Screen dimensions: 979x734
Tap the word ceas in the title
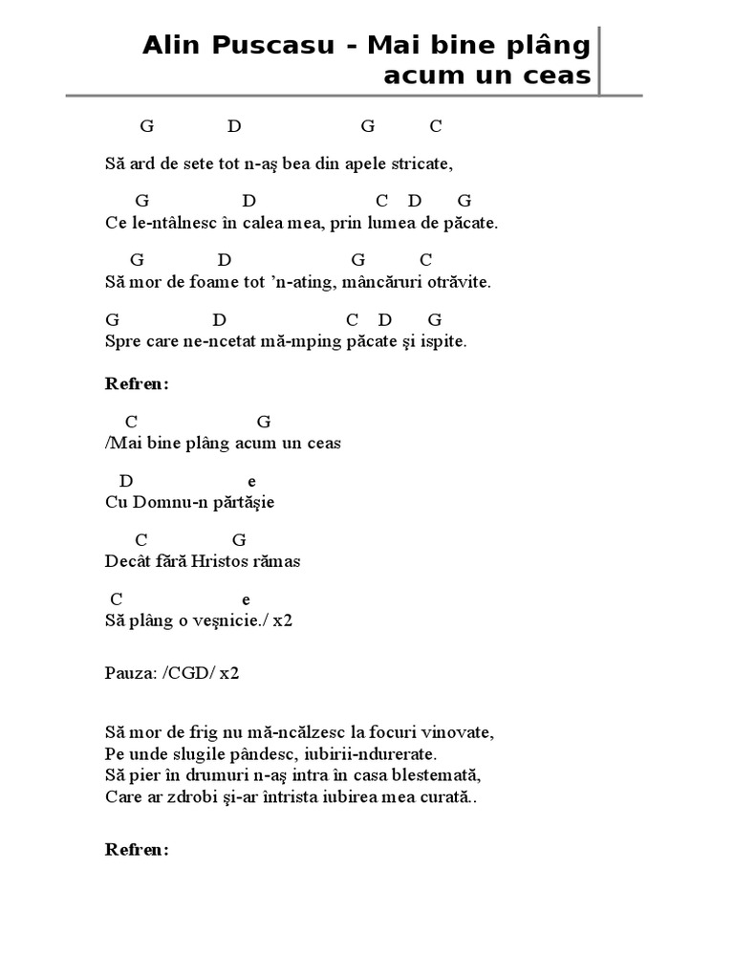pyautogui.click(x=555, y=76)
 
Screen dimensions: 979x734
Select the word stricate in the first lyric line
pyautogui.click(x=421, y=164)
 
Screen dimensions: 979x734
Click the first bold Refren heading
pyautogui.click(x=137, y=384)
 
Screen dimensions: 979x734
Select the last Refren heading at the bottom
pyautogui.click(x=137, y=849)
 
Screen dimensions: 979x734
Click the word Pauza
pyautogui.click(x=128, y=672)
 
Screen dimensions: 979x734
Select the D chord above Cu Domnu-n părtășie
pyautogui.click(x=126, y=481)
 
